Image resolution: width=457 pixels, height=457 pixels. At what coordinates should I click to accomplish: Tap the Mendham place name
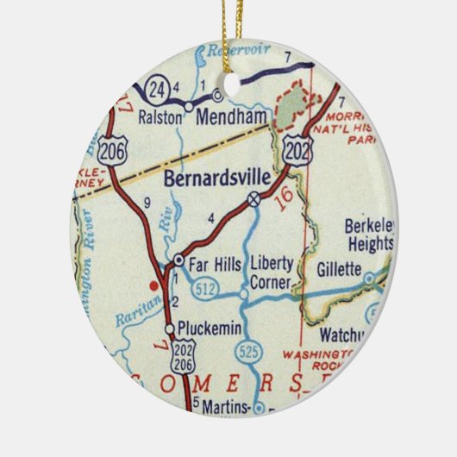pyautogui.click(x=222, y=115)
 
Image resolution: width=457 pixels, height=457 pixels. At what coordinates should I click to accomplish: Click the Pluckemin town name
pyautogui.click(x=208, y=329)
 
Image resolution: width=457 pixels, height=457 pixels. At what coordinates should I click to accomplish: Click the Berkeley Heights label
pyautogui.click(x=369, y=235)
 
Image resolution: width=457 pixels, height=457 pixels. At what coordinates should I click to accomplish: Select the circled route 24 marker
pyautogui.click(x=156, y=90)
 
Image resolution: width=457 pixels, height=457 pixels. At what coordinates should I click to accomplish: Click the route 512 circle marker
pyautogui.click(x=203, y=286)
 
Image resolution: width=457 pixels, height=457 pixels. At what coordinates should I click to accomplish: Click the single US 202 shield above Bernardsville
pyautogui.click(x=298, y=149)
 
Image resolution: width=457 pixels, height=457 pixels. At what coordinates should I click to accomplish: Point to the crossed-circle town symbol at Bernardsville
pyautogui.click(x=254, y=199)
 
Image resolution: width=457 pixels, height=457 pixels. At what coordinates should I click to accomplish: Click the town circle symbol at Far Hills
pyautogui.click(x=178, y=259)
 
